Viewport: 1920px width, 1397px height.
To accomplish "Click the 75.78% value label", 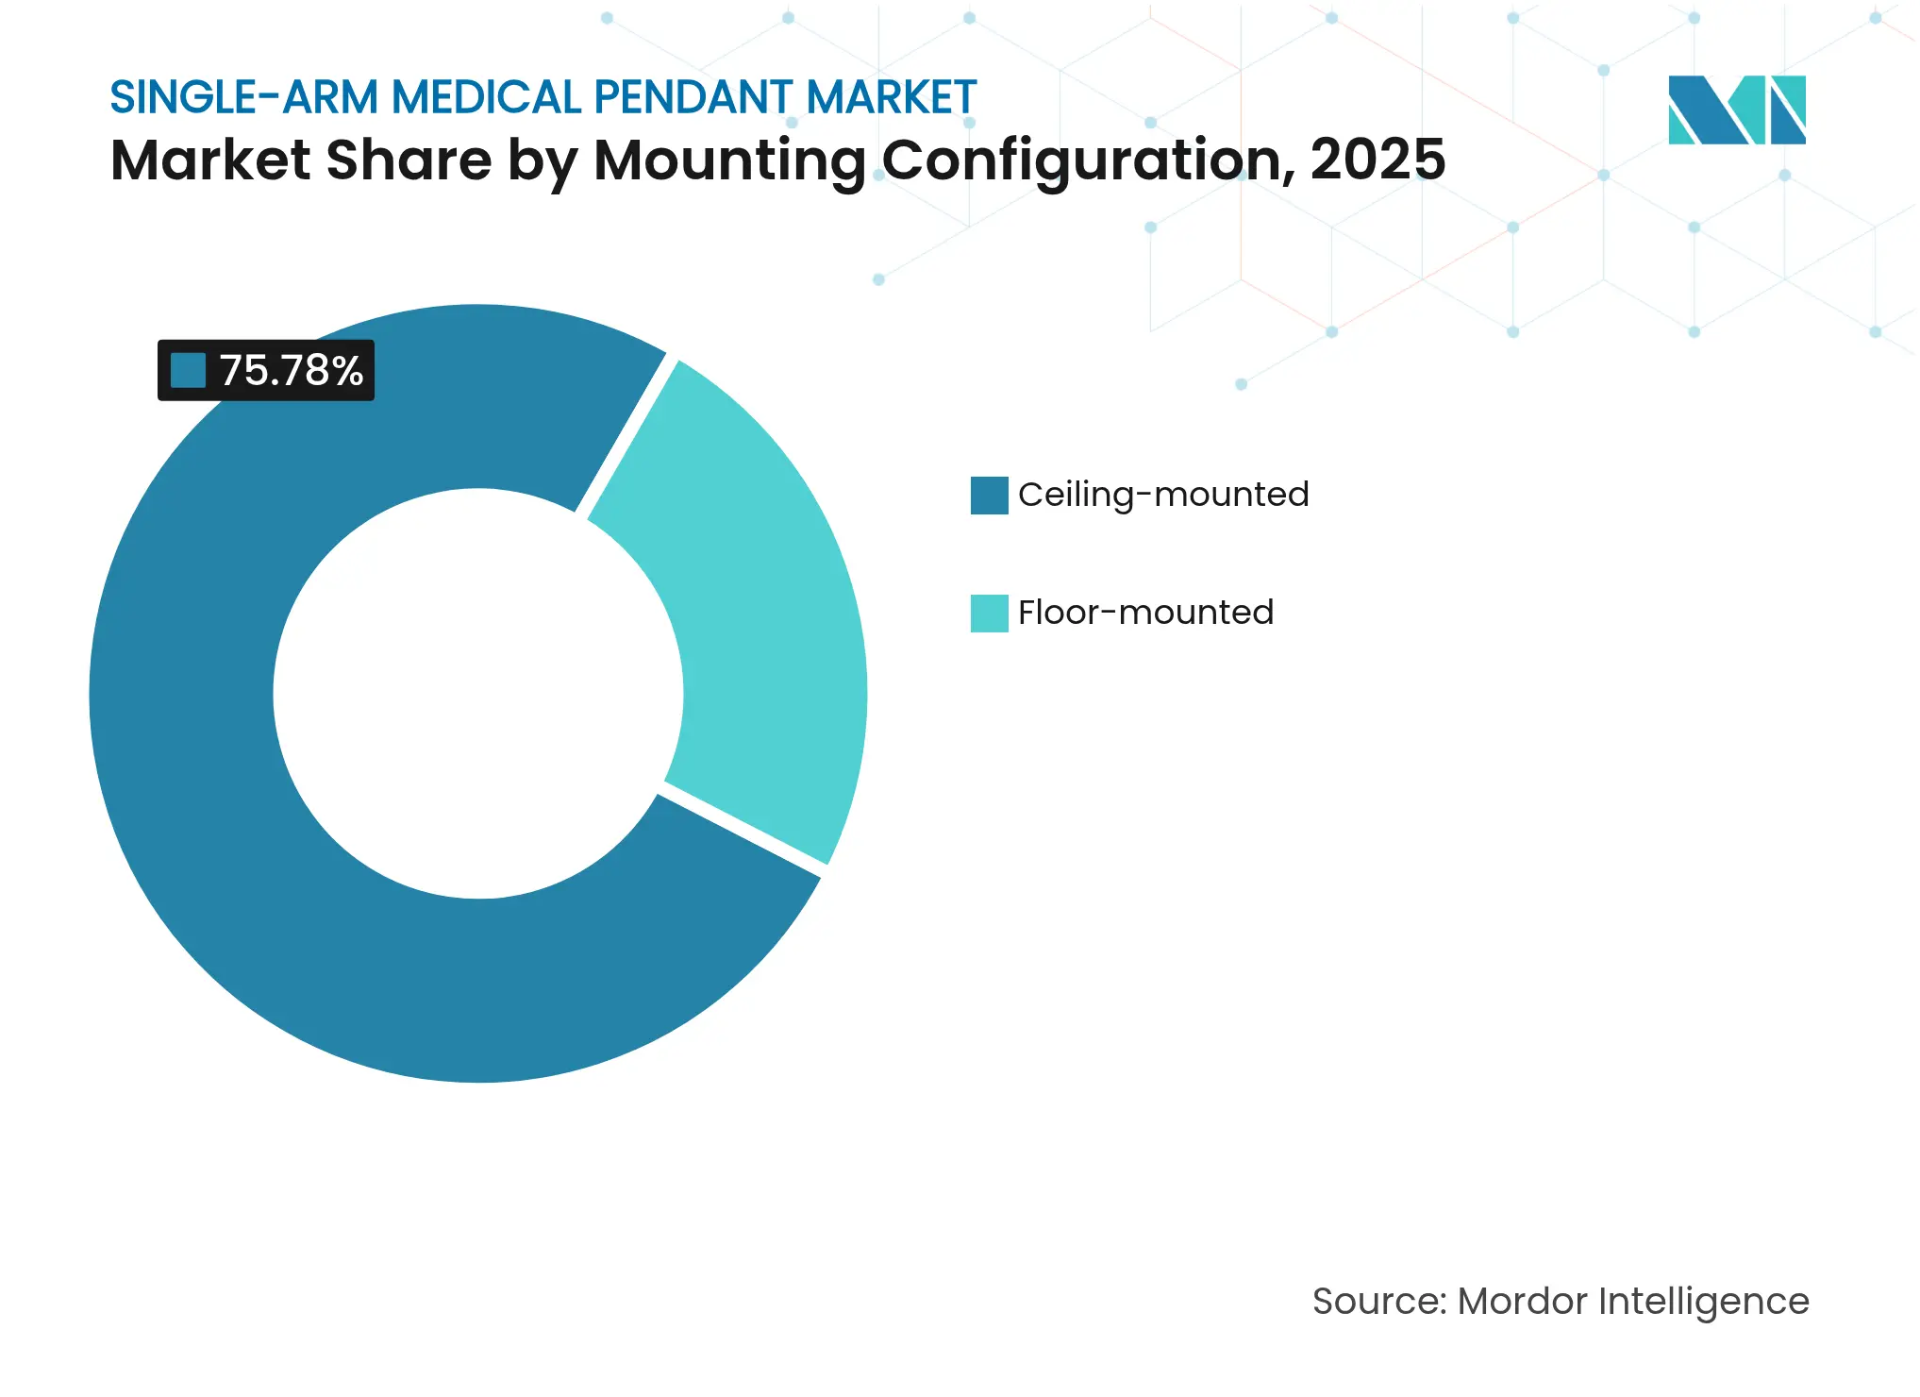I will pos(291,371).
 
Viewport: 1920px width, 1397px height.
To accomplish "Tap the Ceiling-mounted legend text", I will pos(1162,495).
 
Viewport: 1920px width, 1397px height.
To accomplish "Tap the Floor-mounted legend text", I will pos(1145,613).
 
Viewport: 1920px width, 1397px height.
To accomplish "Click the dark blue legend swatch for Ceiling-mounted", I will pos(989,496).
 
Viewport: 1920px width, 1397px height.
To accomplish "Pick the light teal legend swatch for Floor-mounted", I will pos(989,614).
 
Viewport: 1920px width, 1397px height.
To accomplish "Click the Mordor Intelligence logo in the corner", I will pos(1736,110).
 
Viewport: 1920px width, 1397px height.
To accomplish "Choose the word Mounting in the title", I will pos(728,160).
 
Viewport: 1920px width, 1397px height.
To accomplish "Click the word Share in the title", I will pos(409,160).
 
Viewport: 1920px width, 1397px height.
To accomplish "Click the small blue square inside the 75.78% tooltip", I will pos(188,371).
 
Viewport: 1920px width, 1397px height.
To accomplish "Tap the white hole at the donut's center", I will pos(478,694).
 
